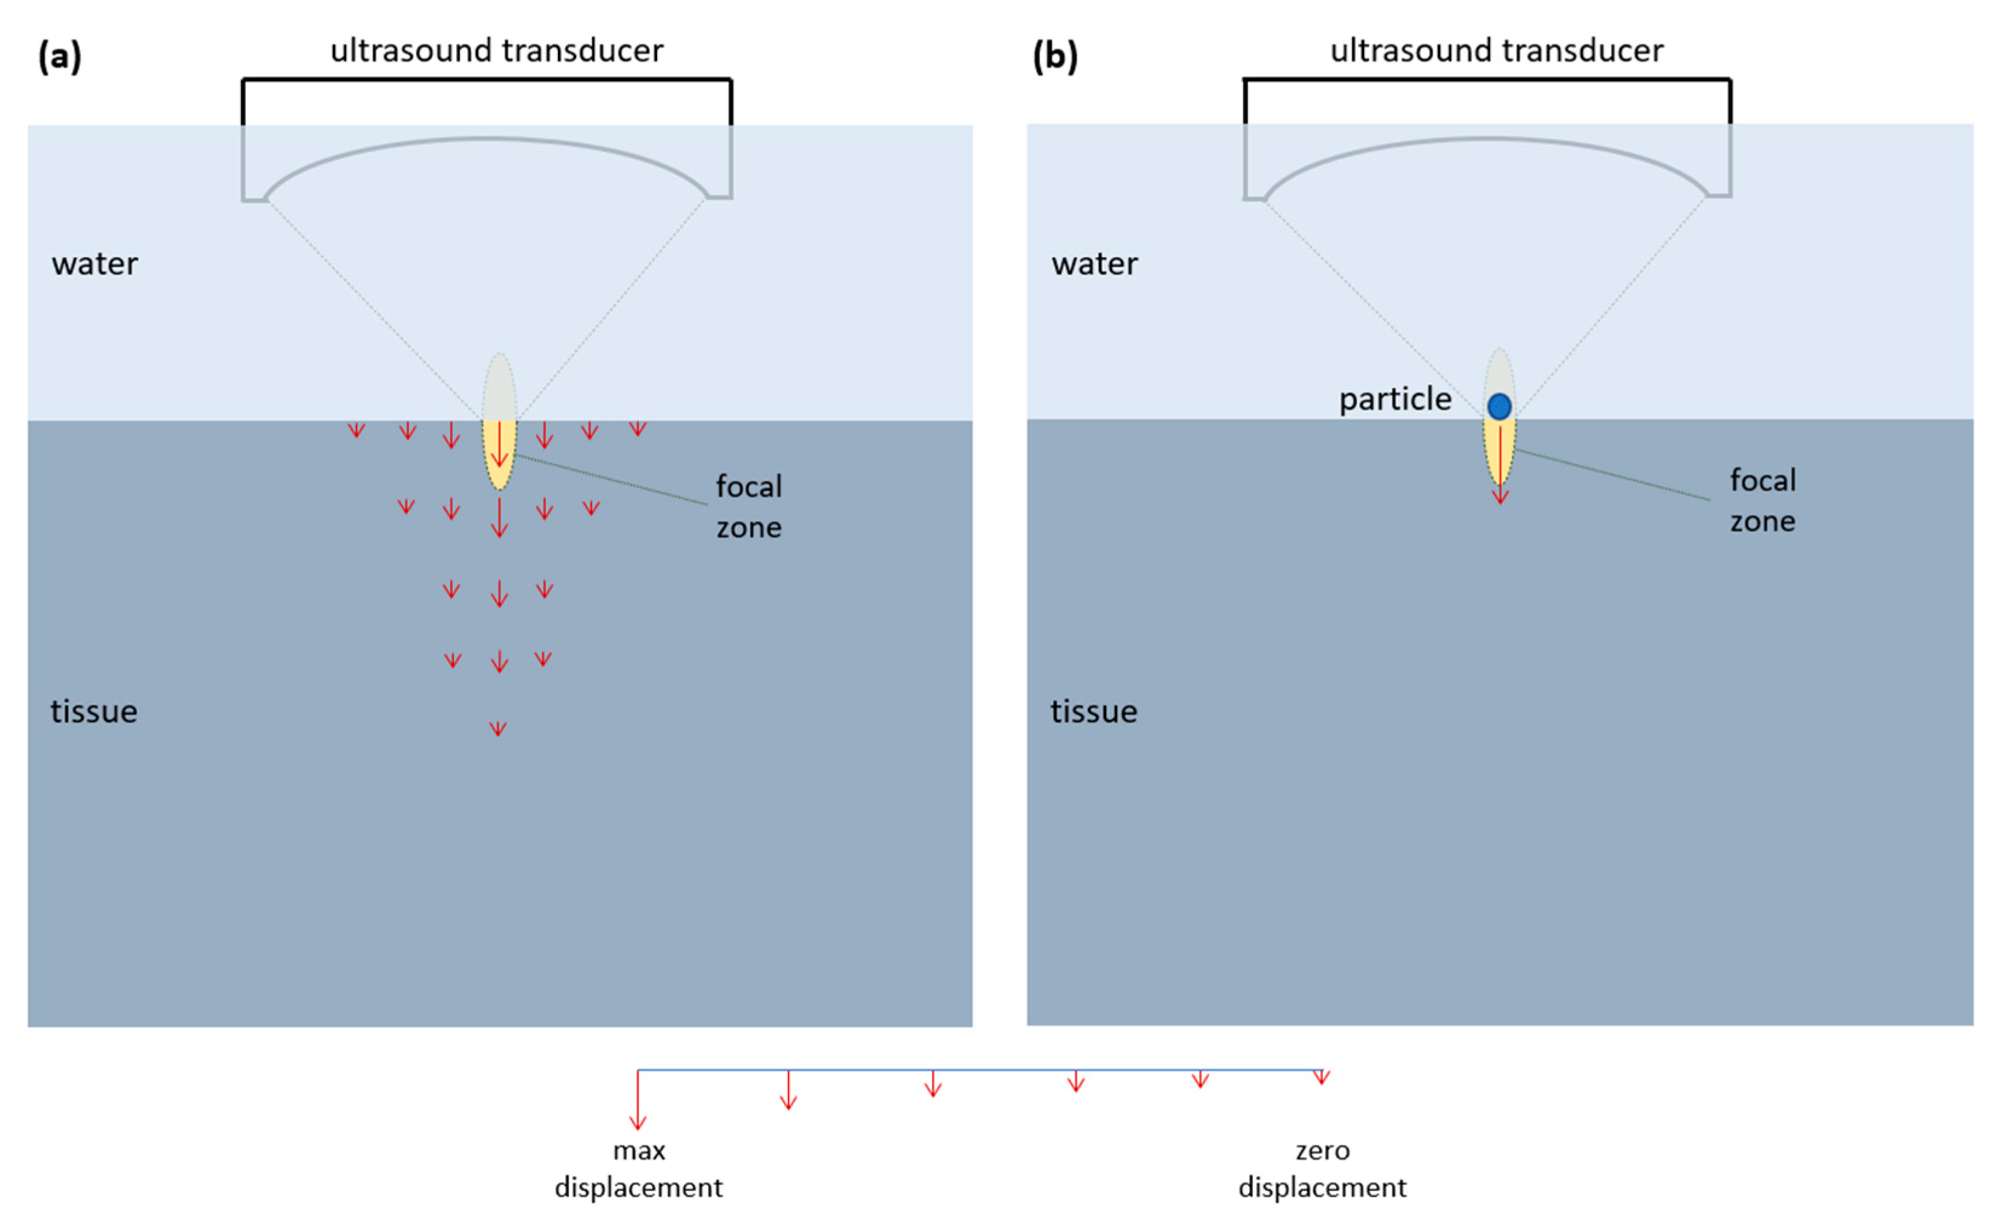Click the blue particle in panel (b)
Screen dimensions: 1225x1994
(x=1499, y=406)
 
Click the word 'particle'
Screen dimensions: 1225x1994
(x=1394, y=399)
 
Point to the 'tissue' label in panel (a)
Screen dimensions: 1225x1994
(x=94, y=712)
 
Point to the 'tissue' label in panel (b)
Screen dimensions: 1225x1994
(x=1094, y=712)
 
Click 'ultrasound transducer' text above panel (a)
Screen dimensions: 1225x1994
(x=497, y=51)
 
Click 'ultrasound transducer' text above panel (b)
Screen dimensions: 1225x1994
(x=1497, y=51)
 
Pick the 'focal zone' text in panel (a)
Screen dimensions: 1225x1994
(x=749, y=507)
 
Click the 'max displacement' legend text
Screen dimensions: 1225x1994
(x=638, y=1168)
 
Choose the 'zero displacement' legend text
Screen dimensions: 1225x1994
(x=1322, y=1168)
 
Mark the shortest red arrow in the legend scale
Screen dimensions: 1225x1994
(x=1322, y=1077)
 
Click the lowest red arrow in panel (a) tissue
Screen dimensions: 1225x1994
(x=498, y=728)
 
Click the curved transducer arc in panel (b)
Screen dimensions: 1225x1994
(x=1487, y=141)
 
